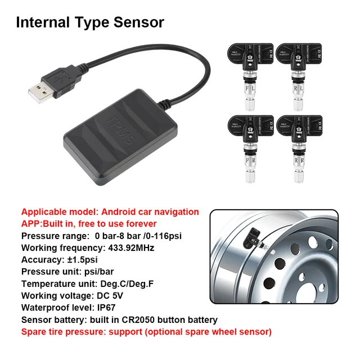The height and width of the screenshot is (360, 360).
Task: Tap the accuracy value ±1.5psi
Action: point(83,259)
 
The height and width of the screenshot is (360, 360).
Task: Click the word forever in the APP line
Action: point(142,223)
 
